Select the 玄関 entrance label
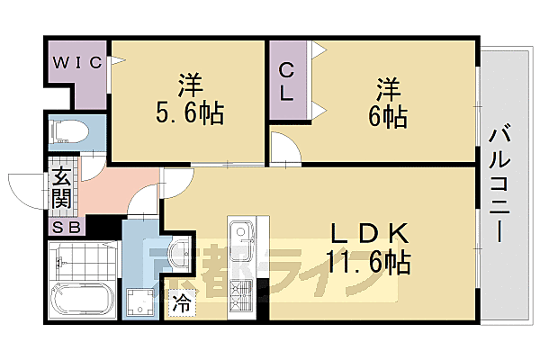(x=62, y=186)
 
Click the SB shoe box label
(x=67, y=228)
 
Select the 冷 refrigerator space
(x=181, y=304)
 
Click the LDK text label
(x=371, y=233)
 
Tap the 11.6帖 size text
(x=371, y=263)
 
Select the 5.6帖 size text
(x=189, y=114)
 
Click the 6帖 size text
(x=388, y=117)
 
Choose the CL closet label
(x=286, y=80)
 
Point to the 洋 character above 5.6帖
(x=189, y=85)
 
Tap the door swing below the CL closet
(x=281, y=148)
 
